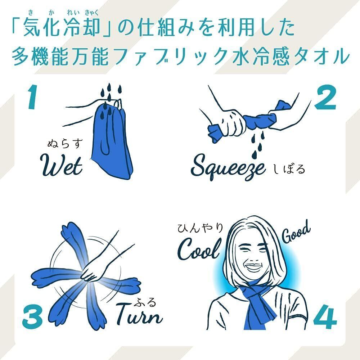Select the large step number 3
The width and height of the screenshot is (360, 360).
point(32,316)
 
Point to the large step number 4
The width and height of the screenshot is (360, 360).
point(325,316)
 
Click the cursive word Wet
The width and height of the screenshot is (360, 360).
point(61,166)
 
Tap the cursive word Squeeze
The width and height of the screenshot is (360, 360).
point(228,167)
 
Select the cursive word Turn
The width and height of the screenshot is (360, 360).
point(139,314)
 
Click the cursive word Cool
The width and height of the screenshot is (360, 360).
point(199,249)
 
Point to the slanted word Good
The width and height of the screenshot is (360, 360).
point(296,232)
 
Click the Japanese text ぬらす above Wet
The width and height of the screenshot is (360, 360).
point(64,143)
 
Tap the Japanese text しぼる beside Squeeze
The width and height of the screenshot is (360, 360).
point(289,169)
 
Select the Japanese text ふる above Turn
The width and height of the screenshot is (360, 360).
point(145,302)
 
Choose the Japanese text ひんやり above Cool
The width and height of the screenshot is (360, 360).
point(201,228)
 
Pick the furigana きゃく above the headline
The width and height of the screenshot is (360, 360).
point(91,12)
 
